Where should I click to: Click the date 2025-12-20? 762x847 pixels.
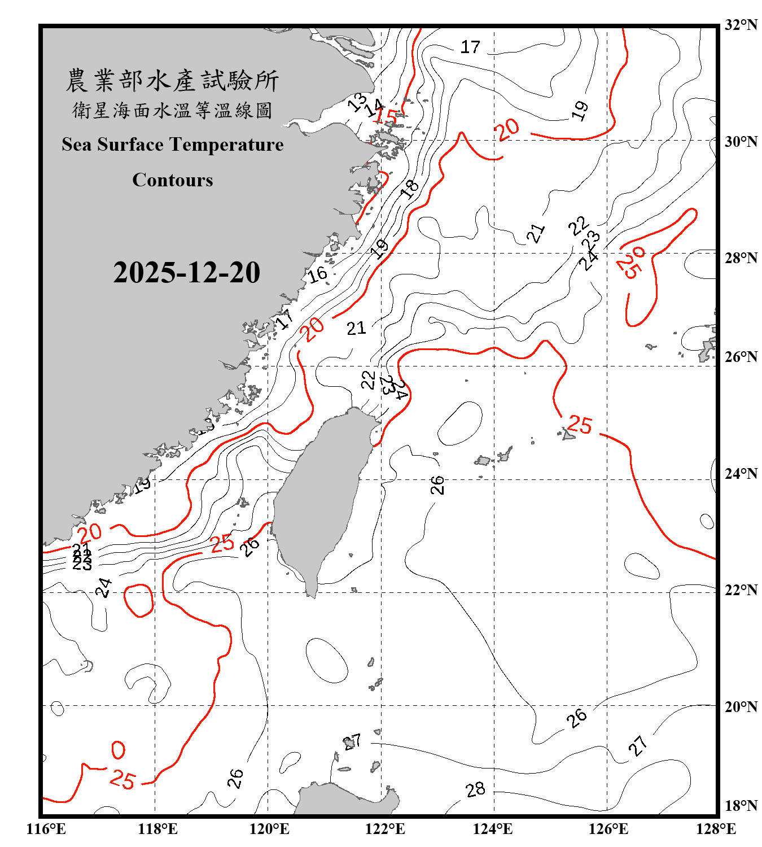point(186,272)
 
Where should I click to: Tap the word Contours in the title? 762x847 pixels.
point(173,180)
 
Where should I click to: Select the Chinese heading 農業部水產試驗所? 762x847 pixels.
point(172,81)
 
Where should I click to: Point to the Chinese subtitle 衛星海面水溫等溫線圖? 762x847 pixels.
point(172,110)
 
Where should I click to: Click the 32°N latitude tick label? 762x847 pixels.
point(741,25)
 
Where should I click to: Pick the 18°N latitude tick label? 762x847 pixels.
point(741,806)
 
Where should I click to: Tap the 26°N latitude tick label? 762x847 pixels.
point(741,357)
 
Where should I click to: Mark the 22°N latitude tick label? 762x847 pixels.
point(741,590)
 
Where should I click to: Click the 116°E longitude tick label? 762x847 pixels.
point(46,829)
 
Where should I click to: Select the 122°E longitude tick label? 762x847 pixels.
point(385,829)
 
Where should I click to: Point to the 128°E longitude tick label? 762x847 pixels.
point(716,829)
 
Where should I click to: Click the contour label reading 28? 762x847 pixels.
point(475,789)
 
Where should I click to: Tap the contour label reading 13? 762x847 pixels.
point(357,102)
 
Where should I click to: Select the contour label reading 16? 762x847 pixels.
point(317,274)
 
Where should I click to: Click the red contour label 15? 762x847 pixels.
point(387,116)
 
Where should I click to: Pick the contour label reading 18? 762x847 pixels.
point(410,188)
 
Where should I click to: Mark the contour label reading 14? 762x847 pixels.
point(374,107)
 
